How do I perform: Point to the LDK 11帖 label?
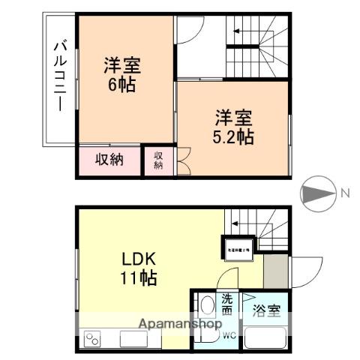(139, 268)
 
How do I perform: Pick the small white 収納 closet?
(158, 160)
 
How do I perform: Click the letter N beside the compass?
(346, 193)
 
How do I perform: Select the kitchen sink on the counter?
(135, 340)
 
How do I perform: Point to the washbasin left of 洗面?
(205, 307)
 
